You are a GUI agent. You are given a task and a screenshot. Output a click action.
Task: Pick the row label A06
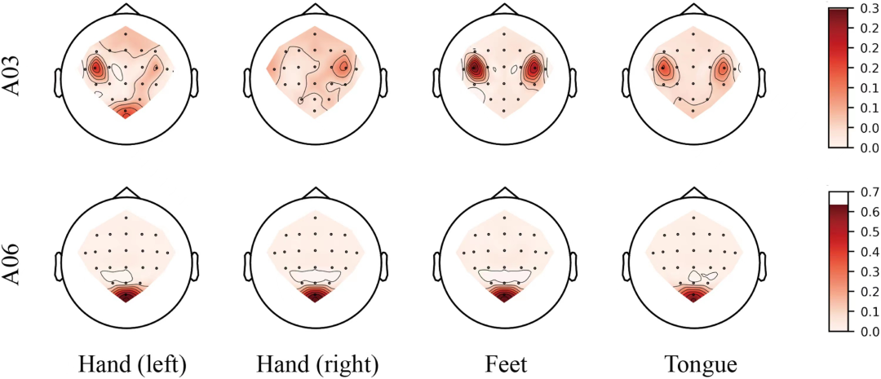click(18, 261)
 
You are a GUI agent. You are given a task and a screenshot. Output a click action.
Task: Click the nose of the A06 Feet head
click(504, 192)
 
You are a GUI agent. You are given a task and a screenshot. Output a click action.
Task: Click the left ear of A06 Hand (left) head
click(59, 263)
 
